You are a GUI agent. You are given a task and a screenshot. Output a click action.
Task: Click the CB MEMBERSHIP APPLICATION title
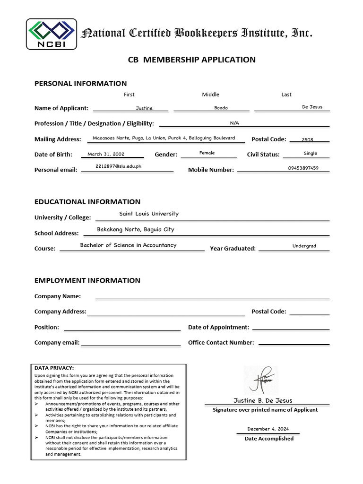pos(192,60)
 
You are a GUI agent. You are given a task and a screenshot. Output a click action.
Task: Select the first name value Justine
pos(145,108)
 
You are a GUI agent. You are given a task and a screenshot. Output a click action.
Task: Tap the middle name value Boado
pos(221,108)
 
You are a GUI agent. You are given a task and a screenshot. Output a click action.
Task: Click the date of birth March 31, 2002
pos(106,154)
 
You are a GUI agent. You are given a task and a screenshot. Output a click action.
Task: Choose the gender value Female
pos(207,153)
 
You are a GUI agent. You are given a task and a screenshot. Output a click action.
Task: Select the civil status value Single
pos(311,153)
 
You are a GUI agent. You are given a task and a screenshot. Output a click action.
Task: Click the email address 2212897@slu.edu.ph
pos(118,167)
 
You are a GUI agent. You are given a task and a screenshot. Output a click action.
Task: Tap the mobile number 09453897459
pos(303,168)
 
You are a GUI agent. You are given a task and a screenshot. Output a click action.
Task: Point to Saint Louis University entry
pos(149,214)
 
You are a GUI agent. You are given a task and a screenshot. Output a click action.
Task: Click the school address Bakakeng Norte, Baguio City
pos(136,229)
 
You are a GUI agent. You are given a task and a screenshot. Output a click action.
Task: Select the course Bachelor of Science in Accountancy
pos(128,245)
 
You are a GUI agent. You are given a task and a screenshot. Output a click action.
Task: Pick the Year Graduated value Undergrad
pos(304,246)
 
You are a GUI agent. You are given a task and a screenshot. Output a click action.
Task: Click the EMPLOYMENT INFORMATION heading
pos(87,280)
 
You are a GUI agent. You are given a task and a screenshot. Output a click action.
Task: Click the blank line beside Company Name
pos(212,298)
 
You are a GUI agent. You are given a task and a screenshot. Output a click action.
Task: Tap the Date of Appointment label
pos(218,327)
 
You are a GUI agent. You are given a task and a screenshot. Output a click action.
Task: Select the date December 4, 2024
pos(268,429)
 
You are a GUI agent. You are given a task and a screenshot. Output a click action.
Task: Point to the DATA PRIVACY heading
pos(54,368)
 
